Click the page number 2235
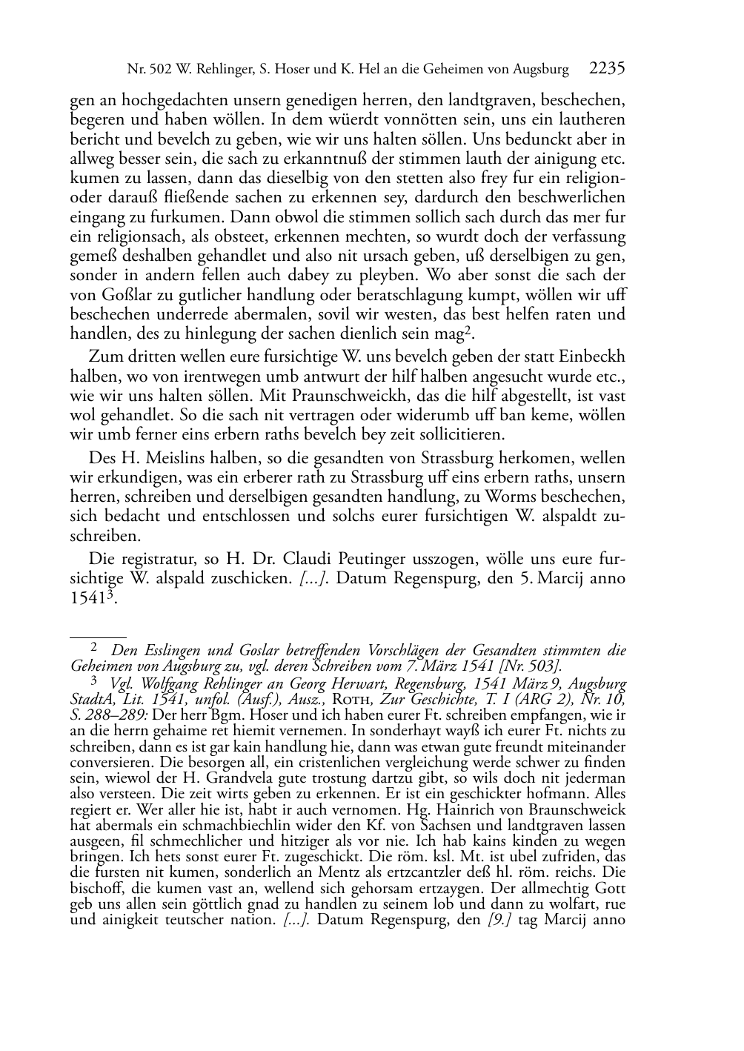pos(608,69)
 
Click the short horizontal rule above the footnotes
pos(98,636)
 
